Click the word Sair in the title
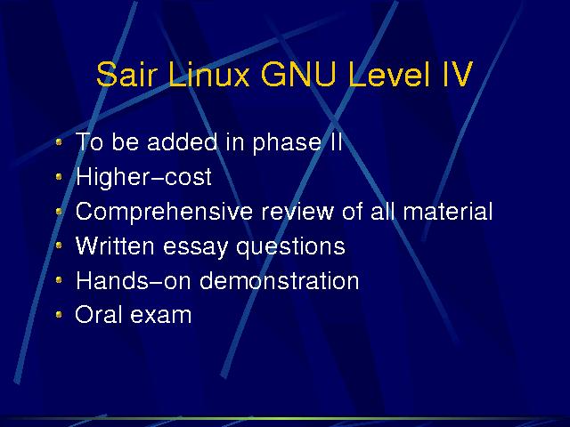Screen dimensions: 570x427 [x=126, y=74]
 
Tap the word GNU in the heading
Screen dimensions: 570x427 [x=298, y=74]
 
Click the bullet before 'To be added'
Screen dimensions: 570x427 [x=59, y=142]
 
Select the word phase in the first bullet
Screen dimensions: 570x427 [x=287, y=143]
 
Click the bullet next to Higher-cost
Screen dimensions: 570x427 [x=59, y=177]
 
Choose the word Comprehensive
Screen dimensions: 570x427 [x=164, y=212]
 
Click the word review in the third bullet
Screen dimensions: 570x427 [x=297, y=211]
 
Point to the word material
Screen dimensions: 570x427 [x=448, y=211]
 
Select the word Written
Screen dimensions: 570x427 [x=115, y=246]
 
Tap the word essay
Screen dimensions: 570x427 [x=196, y=247]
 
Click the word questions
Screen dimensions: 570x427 [x=290, y=247]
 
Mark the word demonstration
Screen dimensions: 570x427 [x=279, y=280]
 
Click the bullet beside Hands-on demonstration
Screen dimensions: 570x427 [x=59, y=280]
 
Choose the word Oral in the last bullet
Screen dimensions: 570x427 [x=98, y=314]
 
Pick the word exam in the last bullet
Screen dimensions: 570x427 [x=161, y=315]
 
